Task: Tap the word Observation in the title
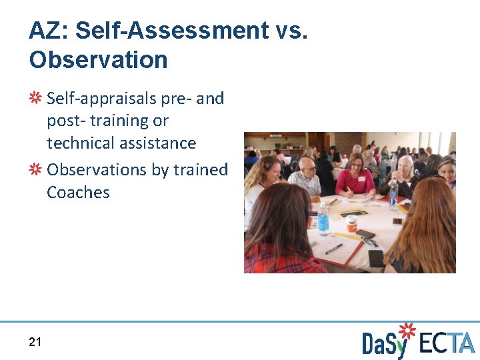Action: (x=98, y=60)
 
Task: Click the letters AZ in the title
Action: (x=47, y=31)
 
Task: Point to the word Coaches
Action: (x=78, y=193)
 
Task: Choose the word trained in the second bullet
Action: (x=200, y=170)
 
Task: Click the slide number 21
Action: (x=35, y=342)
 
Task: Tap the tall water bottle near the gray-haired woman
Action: (x=393, y=194)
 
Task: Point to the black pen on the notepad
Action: (x=334, y=249)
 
